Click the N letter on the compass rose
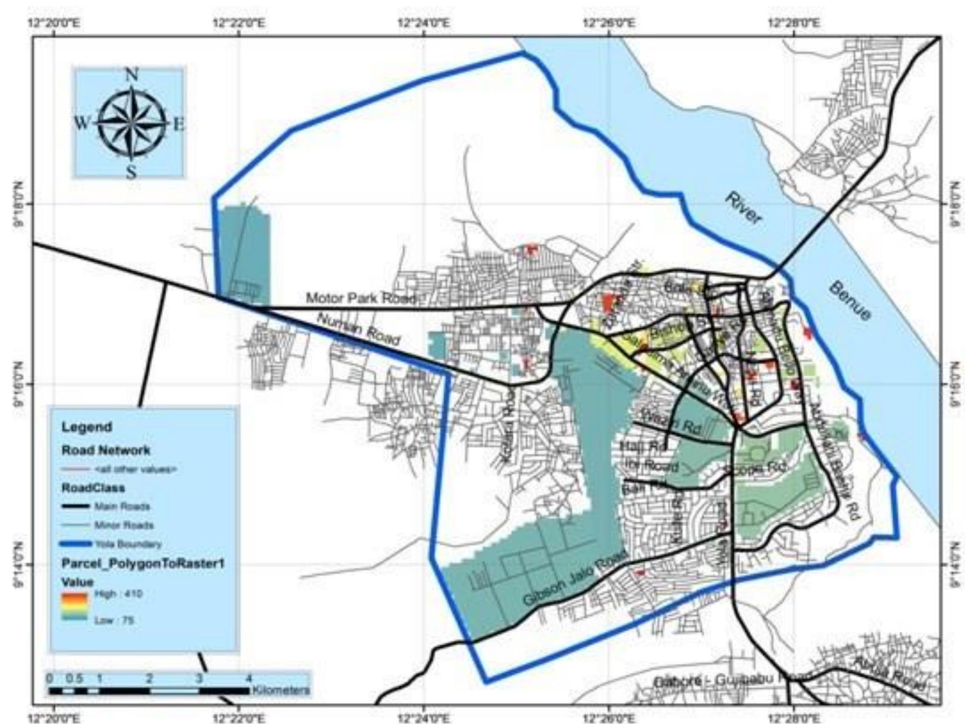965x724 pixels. tap(132, 75)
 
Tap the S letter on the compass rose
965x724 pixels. tap(132, 171)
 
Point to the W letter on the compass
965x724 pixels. tap(82, 123)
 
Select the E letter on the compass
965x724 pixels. tap(178, 124)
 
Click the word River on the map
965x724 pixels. tap(743, 208)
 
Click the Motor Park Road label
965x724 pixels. tap(361, 298)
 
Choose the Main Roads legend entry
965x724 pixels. tap(122, 506)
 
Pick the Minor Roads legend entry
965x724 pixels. tap(124, 525)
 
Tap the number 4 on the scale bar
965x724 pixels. tap(248, 678)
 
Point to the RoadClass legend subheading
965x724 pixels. tap(93, 488)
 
